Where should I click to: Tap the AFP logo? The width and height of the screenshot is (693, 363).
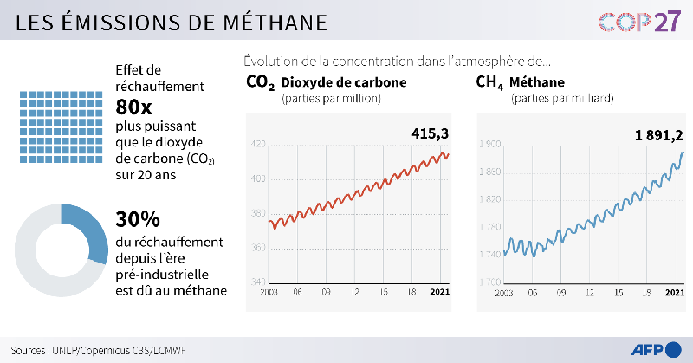(x=654, y=348)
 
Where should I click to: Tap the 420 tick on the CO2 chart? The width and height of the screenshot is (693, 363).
(x=259, y=145)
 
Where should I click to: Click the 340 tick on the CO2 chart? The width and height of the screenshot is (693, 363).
(x=259, y=282)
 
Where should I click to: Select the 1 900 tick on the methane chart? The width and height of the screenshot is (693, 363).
(x=489, y=145)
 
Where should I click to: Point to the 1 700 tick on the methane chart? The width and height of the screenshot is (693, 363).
(x=489, y=282)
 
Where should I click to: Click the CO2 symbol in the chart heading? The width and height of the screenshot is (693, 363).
(x=260, y=83)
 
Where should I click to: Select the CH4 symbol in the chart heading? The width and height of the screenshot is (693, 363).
(x=489, y=83)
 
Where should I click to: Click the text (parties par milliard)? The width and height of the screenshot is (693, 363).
(x=562, y=99)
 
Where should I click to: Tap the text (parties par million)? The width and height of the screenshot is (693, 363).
(x=331, y=99)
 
